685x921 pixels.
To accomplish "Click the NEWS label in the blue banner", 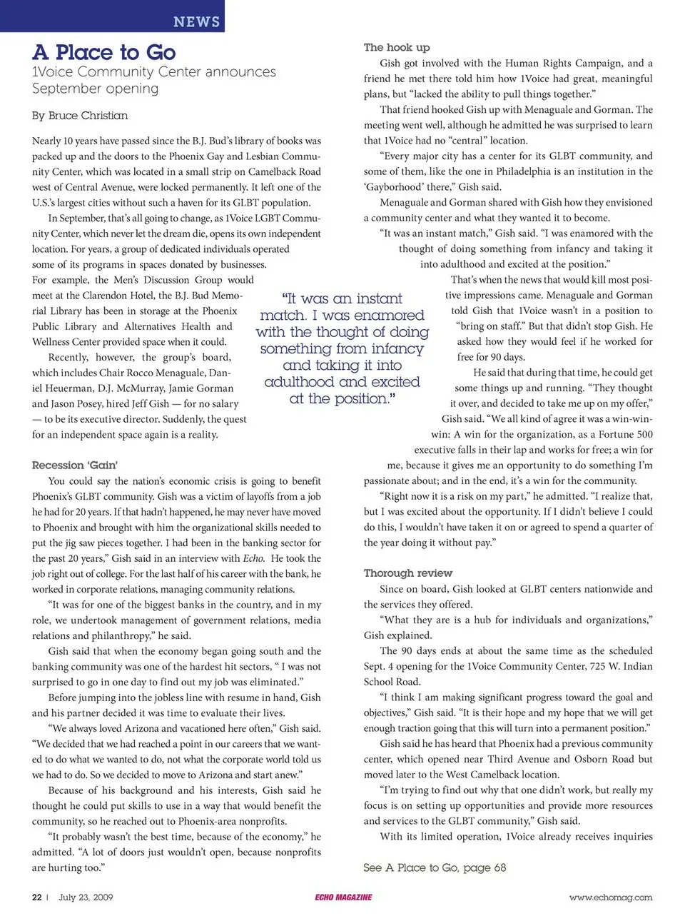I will [x=196, y=21].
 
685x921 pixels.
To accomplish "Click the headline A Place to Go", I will [x=104, y=52].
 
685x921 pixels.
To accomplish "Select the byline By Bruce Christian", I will [x=80, y=116].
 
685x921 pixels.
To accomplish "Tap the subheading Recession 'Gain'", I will [x=75, y=465].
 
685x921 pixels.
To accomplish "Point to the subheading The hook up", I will [x=397, y=47].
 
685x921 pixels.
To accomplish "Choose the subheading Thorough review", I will [x=408, y=573].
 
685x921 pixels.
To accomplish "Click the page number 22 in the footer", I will [x=37, y=897].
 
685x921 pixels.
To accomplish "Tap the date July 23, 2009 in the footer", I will [x=86, y=897].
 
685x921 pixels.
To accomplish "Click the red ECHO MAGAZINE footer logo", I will [x=343, y=897].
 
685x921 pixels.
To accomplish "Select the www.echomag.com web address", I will [x=611, y=897].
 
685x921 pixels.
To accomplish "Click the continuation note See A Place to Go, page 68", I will [x=435, y=867].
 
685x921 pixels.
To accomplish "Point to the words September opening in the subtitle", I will [x=96, y=89].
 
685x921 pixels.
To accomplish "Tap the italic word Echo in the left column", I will [x=253, y=558].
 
